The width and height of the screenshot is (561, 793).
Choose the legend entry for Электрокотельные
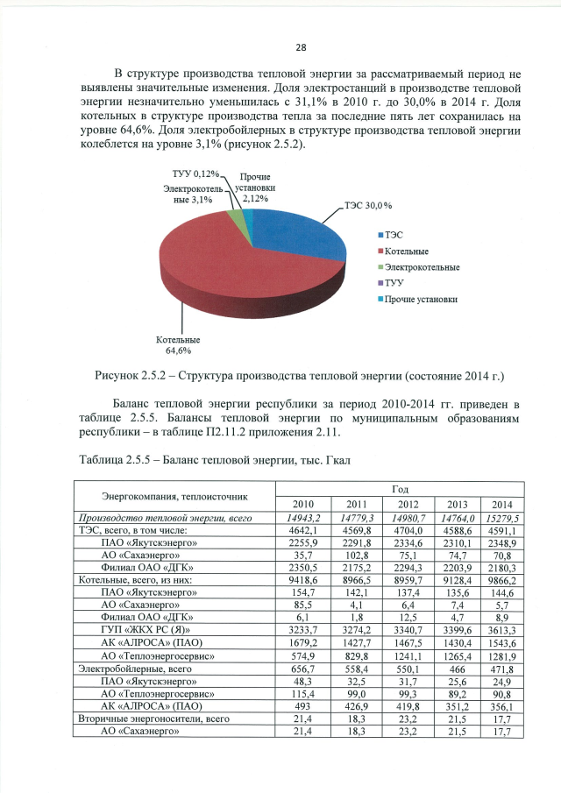[x=418, y=267]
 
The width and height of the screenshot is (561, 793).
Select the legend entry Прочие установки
[x=416, y=299]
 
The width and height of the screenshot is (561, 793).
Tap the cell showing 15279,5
[x=505, y=519]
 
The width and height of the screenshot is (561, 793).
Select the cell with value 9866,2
[x=505, y=580]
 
